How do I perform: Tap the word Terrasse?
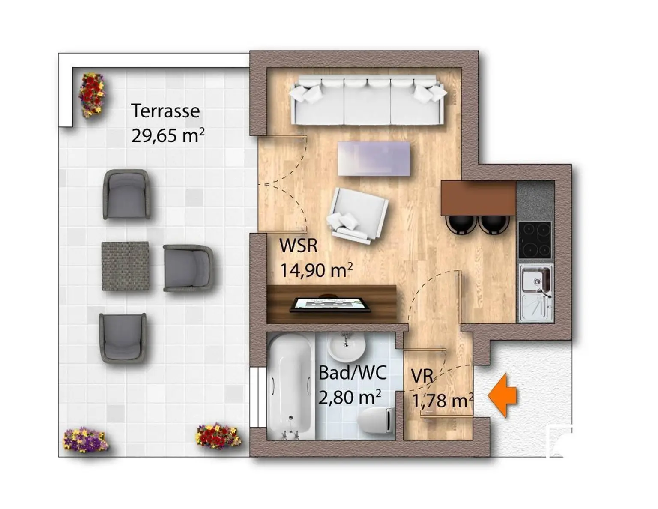pyautogui.click(x=166, y=111)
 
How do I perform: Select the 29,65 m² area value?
pyautogui.click(x=168, y=135)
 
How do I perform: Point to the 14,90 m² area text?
pyautogui.click(x=317, y=270)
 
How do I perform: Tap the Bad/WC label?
pyautogui.click(x=353, y=373)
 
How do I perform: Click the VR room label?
pyautogui.click(x=422, y=376)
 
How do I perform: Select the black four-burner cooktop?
pyautogui.click(x=535, y=240)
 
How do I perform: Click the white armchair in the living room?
pyautogui.click(x=357, y=215)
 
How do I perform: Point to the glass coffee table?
pyautogui.click(x=374, y=158)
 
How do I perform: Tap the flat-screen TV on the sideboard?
pyautogui.click(x=331, y=305)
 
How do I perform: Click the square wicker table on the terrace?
pyautogui.click(x=125, y=266)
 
